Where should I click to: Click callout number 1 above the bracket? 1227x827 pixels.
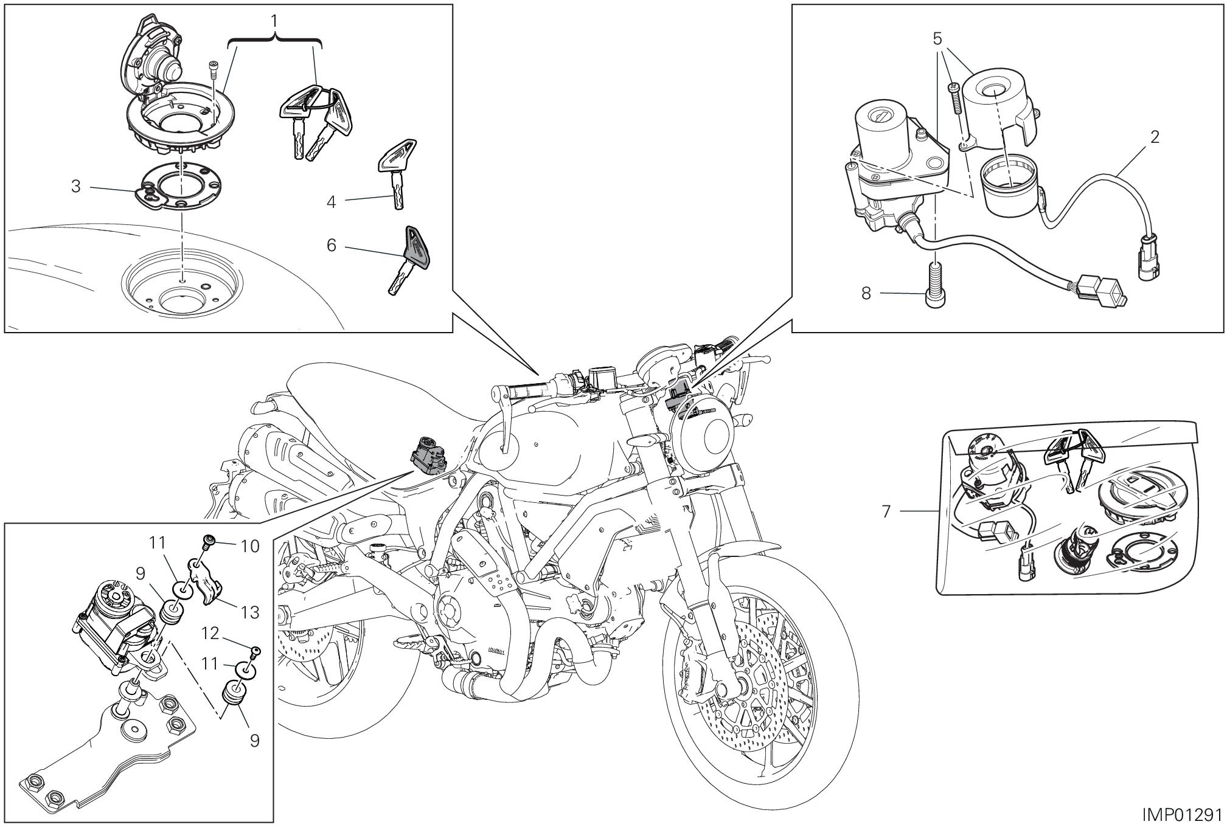tap(274, 21)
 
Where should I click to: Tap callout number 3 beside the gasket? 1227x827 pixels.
tap(76, 186)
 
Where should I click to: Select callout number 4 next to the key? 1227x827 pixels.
tap(332, 201)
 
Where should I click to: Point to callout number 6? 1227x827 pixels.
tap(332, 245)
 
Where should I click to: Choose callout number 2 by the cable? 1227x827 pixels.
tap(1154, 137)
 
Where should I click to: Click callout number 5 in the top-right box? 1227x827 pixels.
tap(937, 39)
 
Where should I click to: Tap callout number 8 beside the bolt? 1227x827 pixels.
tap(866, 294)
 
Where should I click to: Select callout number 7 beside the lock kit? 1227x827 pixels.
tap(886, 512)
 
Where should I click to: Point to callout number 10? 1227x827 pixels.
tap(250, 546)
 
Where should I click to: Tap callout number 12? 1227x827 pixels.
tap(210, 633)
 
